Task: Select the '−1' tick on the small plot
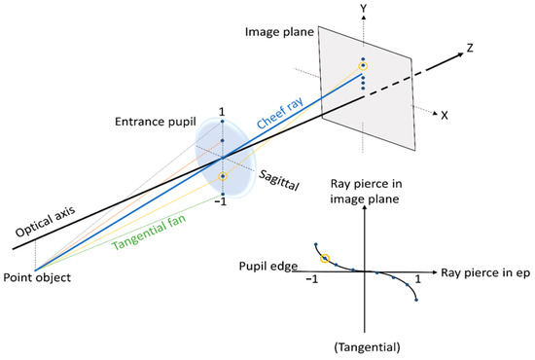click(313, 278)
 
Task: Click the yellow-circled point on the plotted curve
click(326, 258)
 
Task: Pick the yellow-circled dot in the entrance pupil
click(222, 176)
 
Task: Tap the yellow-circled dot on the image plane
click(364, 65)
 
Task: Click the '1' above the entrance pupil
click(222, 112)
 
